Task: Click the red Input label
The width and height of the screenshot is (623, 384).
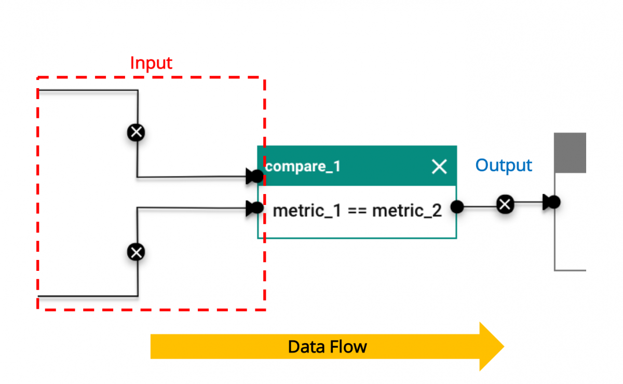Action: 151,63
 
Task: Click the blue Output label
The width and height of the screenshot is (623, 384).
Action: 504,166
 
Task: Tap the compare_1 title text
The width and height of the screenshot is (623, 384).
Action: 303,167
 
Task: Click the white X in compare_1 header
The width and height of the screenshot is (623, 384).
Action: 439,167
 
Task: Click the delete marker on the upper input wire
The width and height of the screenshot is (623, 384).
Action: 137,133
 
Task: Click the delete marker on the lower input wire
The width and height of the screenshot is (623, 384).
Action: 137,253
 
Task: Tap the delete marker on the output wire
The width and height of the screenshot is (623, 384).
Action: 505,204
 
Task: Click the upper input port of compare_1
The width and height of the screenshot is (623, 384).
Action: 255,177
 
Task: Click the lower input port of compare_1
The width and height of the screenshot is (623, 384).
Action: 255,209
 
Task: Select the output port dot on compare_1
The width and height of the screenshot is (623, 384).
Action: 457,207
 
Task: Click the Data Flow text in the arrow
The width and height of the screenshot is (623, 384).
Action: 327,347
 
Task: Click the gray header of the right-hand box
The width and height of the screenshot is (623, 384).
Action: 570,153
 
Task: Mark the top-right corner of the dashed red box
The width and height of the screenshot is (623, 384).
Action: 265,78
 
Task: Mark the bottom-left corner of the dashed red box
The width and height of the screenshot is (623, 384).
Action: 38,309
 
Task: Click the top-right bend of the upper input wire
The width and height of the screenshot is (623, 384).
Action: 138,91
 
